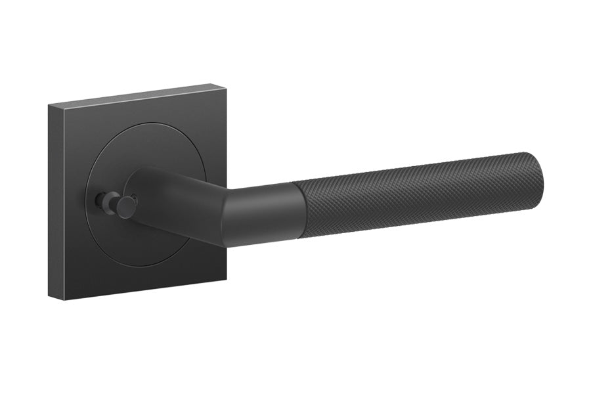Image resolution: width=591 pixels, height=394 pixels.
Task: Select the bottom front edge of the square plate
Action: coord(148,290)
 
